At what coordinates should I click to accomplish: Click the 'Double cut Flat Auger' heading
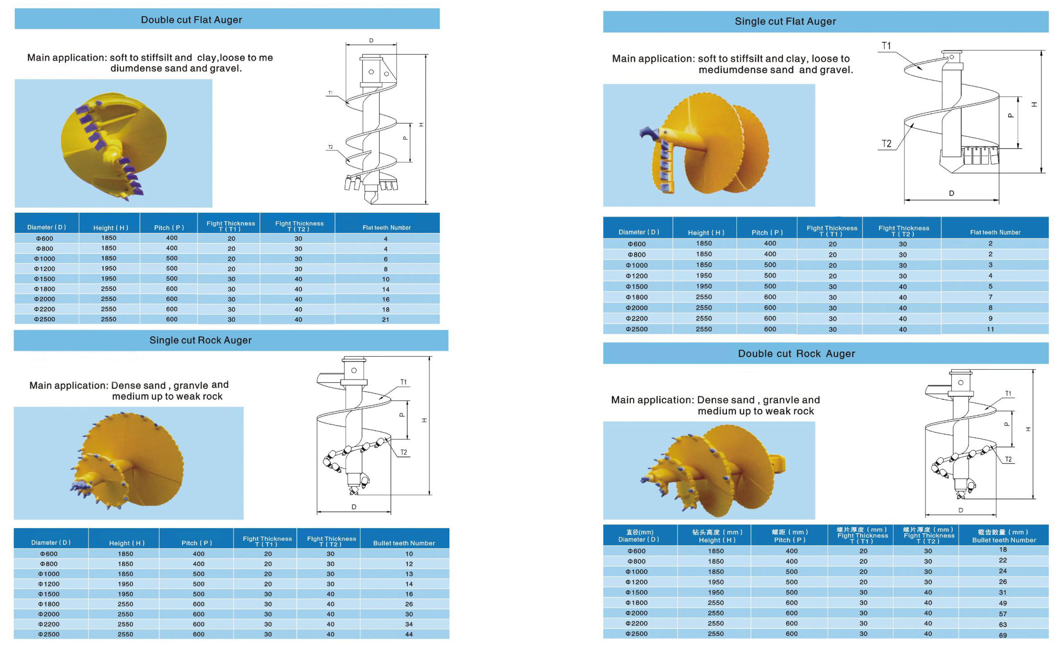[191, 20]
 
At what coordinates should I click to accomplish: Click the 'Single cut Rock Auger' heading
[200, 340]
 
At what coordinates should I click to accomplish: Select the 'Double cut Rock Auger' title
[796, 354]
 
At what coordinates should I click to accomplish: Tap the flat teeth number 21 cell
[386, 320]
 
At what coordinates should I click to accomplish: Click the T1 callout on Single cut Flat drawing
[886, 46]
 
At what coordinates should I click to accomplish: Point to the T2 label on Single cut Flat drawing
[886, 144]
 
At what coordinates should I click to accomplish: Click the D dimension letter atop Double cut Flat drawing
[371, 40]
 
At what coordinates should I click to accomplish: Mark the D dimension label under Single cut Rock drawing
[354, 507]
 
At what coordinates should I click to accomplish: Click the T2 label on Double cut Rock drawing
[1008, 459]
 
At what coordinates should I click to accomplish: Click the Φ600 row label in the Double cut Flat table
[44, 239]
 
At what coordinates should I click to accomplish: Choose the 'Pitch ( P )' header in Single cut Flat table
[767, 233]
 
